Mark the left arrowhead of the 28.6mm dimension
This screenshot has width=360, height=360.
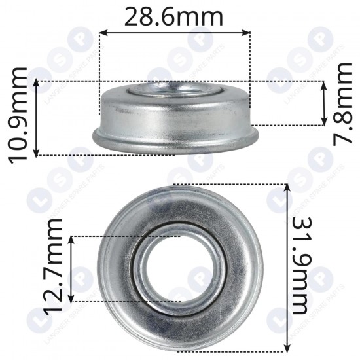click(x=102, y=31)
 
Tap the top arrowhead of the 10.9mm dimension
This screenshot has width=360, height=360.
click(x=37, y=83)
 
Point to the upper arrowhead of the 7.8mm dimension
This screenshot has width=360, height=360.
click(x=324, y=83)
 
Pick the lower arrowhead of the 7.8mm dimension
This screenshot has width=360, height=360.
click(x=324, y=122)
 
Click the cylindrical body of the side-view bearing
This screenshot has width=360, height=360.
click(x=173, y=115)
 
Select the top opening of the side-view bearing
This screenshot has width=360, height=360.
click(x=174, y=89)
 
